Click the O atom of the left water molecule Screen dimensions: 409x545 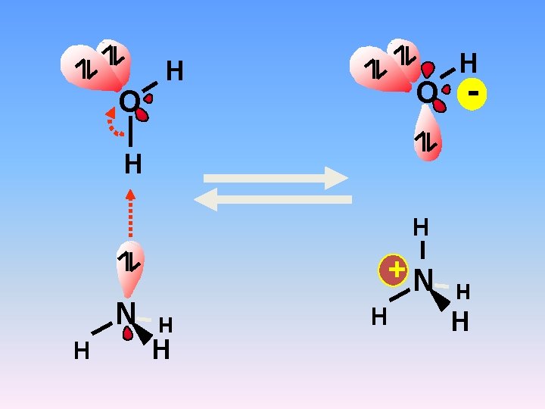click(129, 101)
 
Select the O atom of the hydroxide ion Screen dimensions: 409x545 click(427, 93)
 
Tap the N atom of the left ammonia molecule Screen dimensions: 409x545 click(125, 313)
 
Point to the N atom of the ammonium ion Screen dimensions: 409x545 click(422, 281)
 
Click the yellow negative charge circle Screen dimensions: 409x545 click(472, 95)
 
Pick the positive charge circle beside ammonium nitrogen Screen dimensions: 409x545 click(394, 270)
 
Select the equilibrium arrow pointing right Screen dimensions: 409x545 click(276, 178)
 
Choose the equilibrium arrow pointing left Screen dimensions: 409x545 click(272, 199)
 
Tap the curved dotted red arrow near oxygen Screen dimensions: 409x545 click(114, 123)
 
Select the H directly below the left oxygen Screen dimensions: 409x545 click(132, 164)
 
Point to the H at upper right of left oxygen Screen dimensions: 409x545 click(175, 71)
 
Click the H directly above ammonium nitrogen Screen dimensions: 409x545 click(421, 226)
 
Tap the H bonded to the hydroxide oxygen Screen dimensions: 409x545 click(469, 62)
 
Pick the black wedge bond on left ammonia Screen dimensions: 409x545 click(144, 334)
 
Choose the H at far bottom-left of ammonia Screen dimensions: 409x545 click(81, 351)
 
